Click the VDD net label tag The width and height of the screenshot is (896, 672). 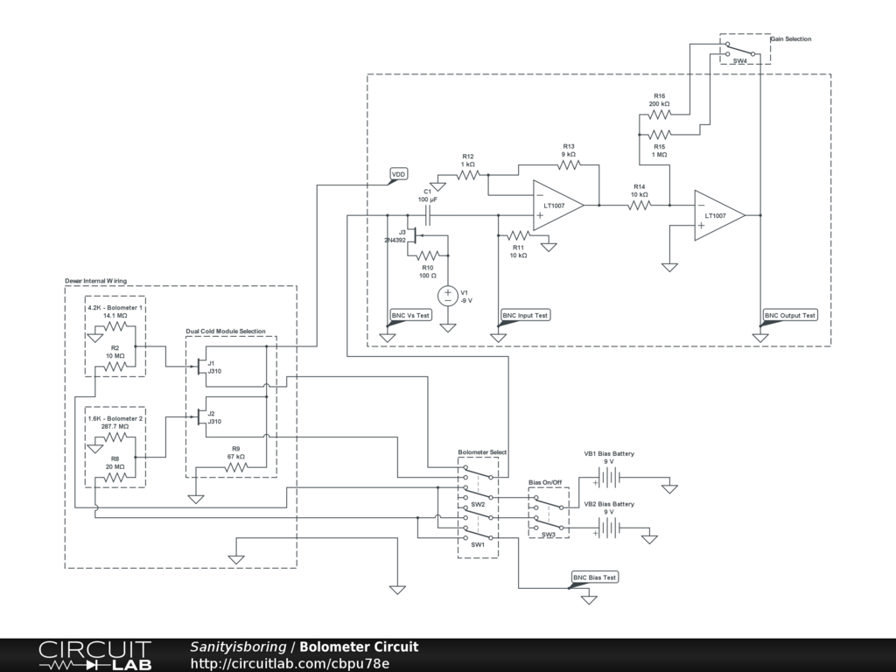click(x=399, y=174)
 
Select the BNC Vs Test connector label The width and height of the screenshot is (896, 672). click(x=410, y=315)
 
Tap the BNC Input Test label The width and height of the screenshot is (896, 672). click(x=525, y=315)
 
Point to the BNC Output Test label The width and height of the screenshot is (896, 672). click(x=790, y=315)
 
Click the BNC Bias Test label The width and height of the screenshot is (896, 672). click(x=595, y=577)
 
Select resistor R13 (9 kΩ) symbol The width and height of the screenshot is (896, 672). click(x=569, y=165)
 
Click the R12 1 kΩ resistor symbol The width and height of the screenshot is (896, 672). click(x=467, y=175)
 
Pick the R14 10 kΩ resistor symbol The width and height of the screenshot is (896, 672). click(x=640, y=205)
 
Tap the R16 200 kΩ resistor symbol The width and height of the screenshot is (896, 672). click(x=660, y=115)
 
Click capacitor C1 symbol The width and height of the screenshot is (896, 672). click(x=427, y=215)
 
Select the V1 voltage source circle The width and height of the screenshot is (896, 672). click(x=448, y=296)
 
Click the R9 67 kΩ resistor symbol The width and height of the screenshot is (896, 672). click(x=236, y=467)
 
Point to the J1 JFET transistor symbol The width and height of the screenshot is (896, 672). click(x=200, y=367)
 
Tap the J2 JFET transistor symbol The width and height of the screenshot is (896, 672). click(x=200, y=417)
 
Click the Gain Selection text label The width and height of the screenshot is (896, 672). click(x=791, y=38)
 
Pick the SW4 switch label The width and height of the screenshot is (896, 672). click(x=739, y=60)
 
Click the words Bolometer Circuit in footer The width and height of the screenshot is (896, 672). click(x=359, y=647)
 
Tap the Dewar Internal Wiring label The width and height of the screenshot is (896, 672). click(x=96, y=281)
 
